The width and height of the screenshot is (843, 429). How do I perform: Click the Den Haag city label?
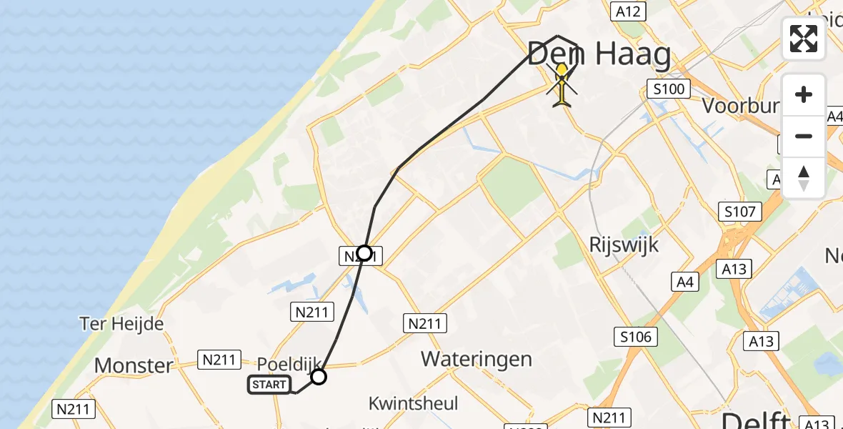pos(599,54)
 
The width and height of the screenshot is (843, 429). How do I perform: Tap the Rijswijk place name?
pos(624,244)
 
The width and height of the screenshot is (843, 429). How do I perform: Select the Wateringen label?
pos(477,358)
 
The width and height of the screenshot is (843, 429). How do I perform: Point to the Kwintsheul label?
pos(413,403)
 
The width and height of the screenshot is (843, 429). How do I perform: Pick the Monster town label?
pos(134,365)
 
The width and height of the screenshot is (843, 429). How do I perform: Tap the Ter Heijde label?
pos(121,324)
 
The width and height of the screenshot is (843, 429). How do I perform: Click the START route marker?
pos(269,385)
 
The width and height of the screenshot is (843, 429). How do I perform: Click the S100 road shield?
pos(668,89)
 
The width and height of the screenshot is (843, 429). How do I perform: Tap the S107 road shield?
pos(740,211)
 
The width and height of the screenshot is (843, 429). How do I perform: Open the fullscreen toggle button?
pos(804,39)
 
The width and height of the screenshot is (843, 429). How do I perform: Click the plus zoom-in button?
pos(804,94)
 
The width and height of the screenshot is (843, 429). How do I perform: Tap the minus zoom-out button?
pos(804,136)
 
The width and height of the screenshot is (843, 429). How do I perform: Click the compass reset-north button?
pos(804,177)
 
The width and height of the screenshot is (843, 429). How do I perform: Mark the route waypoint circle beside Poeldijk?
pos(319,376)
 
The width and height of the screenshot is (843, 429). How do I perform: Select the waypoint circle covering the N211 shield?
pos(364,253)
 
